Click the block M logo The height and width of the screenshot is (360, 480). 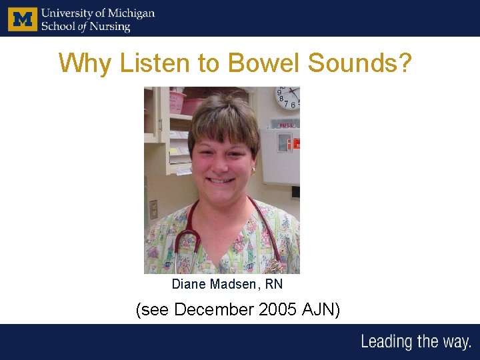click(x=23, y=19)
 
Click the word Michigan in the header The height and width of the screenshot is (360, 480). click(x=131, y=13)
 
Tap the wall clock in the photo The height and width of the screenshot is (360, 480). click(x=288, y=97)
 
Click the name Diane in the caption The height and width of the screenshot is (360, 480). click(x=189, y=285)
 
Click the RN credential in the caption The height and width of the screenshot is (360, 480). click(x=273, y=285)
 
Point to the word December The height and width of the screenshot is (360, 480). click(x=214, y=310)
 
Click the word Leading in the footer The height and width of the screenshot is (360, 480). click(x=387, y=343)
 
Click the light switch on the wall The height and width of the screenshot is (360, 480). click(x=154, y=209)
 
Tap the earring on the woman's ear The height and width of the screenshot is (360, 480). click(x=253, y=170)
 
